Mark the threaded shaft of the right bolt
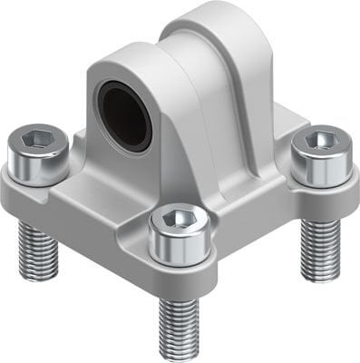tap(320, 245)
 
